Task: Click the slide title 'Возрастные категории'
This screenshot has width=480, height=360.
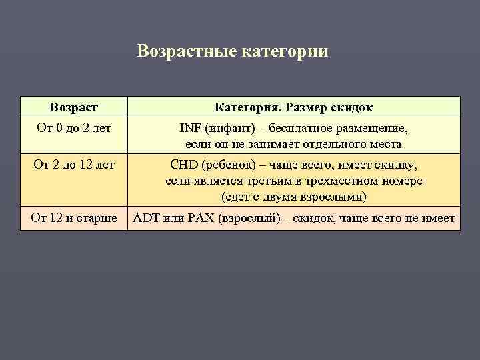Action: click(233, 51)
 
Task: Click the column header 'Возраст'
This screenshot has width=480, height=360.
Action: click(73, 107)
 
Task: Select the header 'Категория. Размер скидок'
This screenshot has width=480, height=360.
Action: click(293, 107)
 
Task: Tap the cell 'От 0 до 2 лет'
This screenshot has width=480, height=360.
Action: click(73, 127)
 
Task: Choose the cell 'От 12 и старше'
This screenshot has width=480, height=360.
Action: click(73, 217)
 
